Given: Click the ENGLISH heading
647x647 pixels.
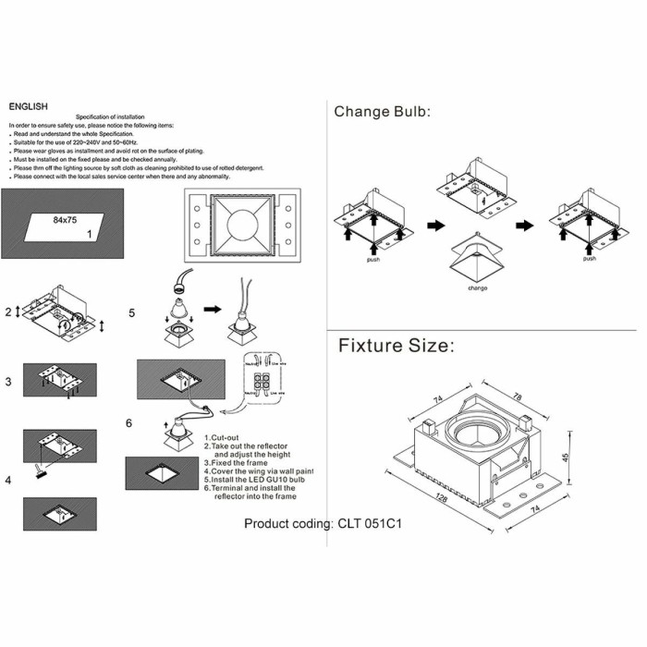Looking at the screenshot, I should point(28,106).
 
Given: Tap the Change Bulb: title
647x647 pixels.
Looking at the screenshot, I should point(383,112).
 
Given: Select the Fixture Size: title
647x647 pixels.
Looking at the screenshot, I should point(396,346).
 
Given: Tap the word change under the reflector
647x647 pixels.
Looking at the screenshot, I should point(478,287).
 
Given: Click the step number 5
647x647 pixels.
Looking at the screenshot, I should point(131,312).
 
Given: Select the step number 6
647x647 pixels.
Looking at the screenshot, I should point(128,422).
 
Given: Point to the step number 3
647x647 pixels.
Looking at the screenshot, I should point(7,381).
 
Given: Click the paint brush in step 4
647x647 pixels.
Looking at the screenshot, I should point(38,474).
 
